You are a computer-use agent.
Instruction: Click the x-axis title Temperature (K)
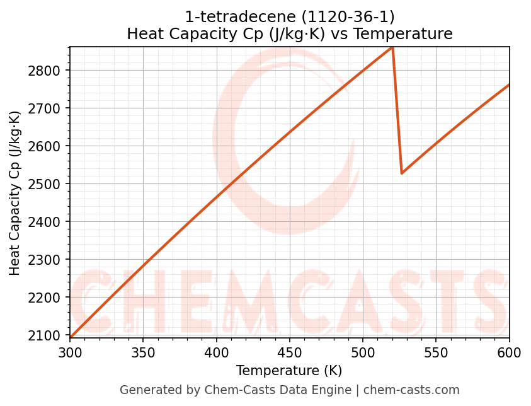coord(289,371)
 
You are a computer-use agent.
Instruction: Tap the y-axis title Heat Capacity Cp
coord(15,192)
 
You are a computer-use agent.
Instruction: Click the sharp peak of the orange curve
coord(392,47)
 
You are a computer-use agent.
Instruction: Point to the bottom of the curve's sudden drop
coord(401,173)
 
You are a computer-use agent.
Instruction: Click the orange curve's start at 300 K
coord(71,337)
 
